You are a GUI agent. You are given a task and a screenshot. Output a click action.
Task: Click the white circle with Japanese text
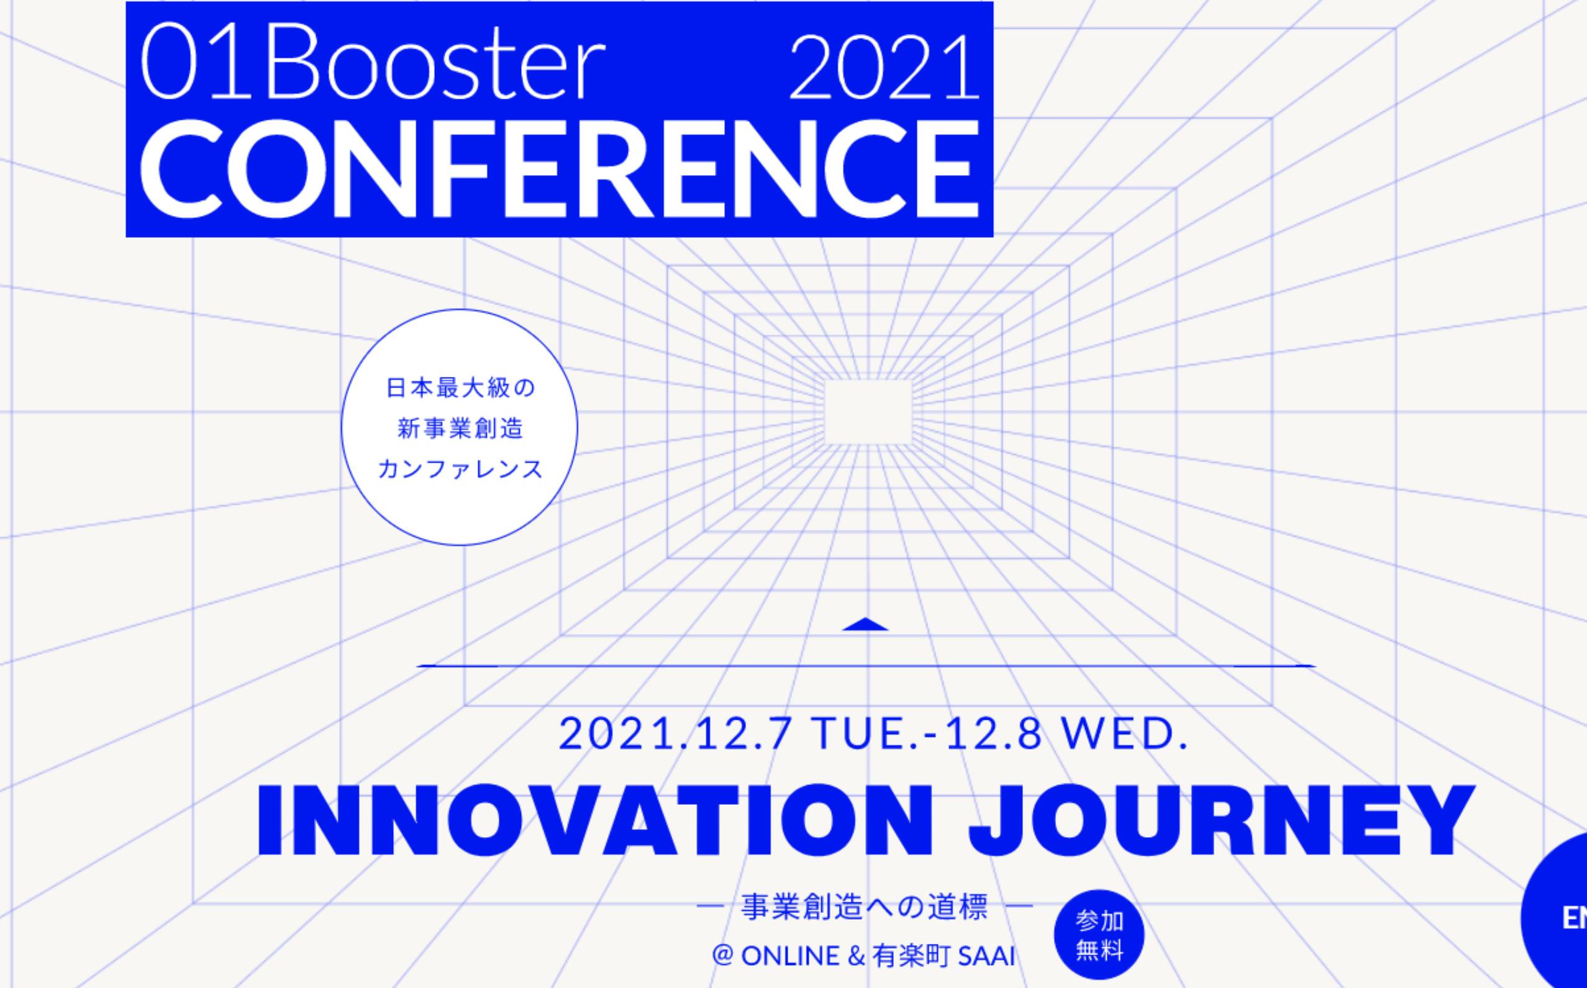460,427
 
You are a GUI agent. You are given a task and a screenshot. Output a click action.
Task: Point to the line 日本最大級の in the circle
460,387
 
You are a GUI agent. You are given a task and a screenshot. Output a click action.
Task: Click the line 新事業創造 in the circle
460,428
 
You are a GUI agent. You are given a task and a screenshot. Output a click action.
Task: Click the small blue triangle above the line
865,625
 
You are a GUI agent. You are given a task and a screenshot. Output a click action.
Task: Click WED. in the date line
1124,735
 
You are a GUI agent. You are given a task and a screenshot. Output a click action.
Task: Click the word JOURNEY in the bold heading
1221,821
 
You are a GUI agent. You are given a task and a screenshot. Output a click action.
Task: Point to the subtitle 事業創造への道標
865,909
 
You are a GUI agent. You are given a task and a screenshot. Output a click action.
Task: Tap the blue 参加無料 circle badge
1099,935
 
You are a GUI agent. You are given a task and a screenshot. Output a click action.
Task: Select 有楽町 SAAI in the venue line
943,956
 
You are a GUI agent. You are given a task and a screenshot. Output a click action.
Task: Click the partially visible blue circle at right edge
1559,915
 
